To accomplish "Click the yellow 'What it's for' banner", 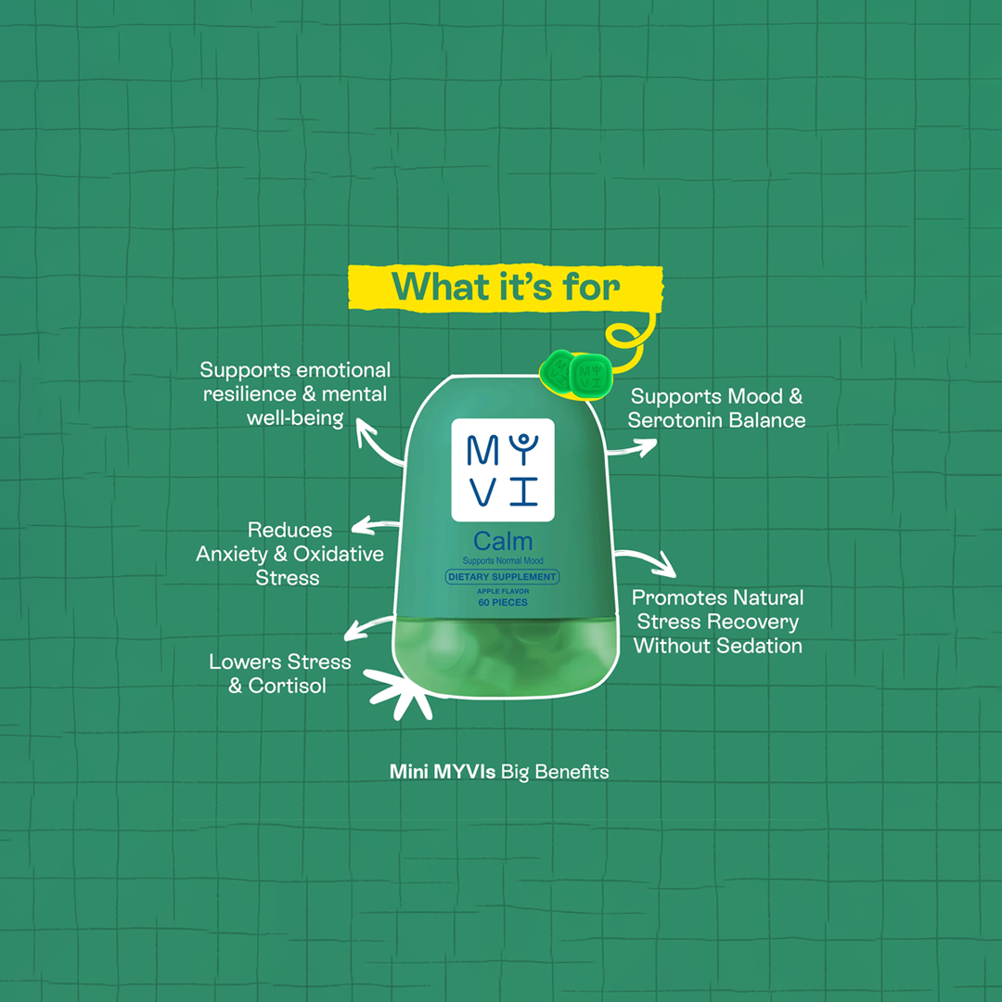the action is coord(505,289).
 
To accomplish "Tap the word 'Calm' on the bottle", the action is coord(503,541).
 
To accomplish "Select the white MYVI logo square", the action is coord(503,469).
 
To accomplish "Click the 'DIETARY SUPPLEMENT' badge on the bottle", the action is coord(502,576).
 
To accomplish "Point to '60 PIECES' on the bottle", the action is coord(503,602).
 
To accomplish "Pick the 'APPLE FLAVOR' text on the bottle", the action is coord(503,591).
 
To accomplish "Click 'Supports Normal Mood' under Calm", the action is coord(503,560).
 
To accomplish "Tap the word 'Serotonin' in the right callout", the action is coord(675,420).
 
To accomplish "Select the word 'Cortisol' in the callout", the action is coord(287,686).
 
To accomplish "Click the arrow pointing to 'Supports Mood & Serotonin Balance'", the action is coord(632,447).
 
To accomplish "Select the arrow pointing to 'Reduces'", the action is coord(377,525).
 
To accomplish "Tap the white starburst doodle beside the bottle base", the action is coord(399,694).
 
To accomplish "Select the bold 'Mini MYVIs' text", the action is coord(443,772).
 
